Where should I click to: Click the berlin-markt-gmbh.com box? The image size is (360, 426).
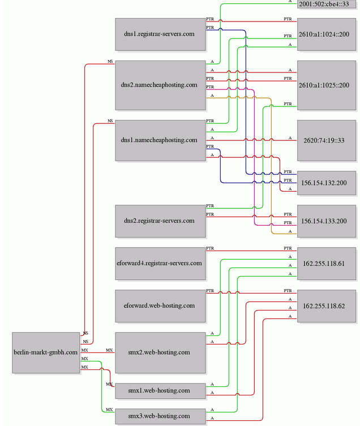click(46, 352)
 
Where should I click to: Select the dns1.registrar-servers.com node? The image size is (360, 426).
click(160, 35)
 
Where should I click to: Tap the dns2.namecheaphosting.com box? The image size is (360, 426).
click(160, 85)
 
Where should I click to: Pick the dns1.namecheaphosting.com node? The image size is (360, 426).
click(160, 140)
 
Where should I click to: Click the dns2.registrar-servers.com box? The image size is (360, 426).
click(160, 221)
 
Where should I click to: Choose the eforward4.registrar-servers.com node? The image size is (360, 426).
click(160, 264)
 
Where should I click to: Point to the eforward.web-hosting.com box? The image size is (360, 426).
click(160, 306)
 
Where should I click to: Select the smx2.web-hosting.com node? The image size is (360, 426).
click(160, 352)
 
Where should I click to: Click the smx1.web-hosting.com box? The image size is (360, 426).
click(160, 391)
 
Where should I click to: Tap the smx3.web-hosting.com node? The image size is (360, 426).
click(160, 416)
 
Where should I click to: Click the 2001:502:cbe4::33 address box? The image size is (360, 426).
click(327, 4)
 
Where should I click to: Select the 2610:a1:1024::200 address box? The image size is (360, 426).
click(327, 35)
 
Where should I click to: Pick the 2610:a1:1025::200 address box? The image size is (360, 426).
click(327, 85)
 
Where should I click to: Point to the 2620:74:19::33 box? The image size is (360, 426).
click(327, 140)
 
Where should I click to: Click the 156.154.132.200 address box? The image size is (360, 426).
click(327, 183)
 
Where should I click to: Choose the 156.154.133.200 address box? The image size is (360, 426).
click(327, 221)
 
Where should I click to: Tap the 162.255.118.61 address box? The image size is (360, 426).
click(327, 264)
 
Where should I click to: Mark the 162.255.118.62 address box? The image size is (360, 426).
click(327, 306)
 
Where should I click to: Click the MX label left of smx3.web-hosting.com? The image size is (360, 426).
click(109, 410)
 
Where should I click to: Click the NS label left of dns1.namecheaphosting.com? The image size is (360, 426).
click(110, 121)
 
